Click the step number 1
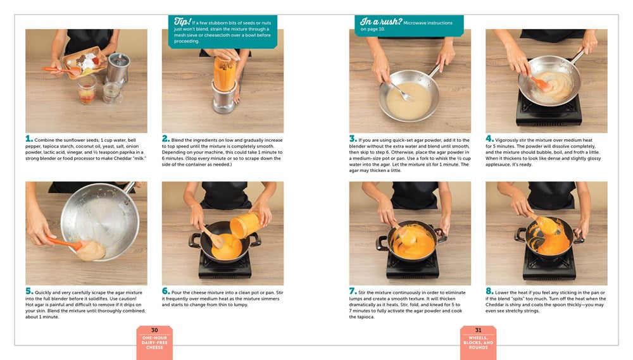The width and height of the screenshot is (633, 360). tap(28, 139)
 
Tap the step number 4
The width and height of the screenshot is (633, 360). tap(489, 139)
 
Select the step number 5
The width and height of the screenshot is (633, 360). tap(28, 291)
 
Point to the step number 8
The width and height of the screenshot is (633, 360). tap(489, 291)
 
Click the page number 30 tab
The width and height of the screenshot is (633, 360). tap(154, 330)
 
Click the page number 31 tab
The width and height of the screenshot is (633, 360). tap(478, 330)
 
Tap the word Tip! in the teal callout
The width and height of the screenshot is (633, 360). tap(182, 22)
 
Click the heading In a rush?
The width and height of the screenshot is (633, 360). tap(381, 22)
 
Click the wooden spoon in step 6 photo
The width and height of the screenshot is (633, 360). tap(213, 237)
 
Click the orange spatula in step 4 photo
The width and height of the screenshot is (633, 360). tap(540, 82)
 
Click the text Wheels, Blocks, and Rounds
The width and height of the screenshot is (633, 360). tap(478, 343)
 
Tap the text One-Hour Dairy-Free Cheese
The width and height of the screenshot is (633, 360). tap(154, 343)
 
